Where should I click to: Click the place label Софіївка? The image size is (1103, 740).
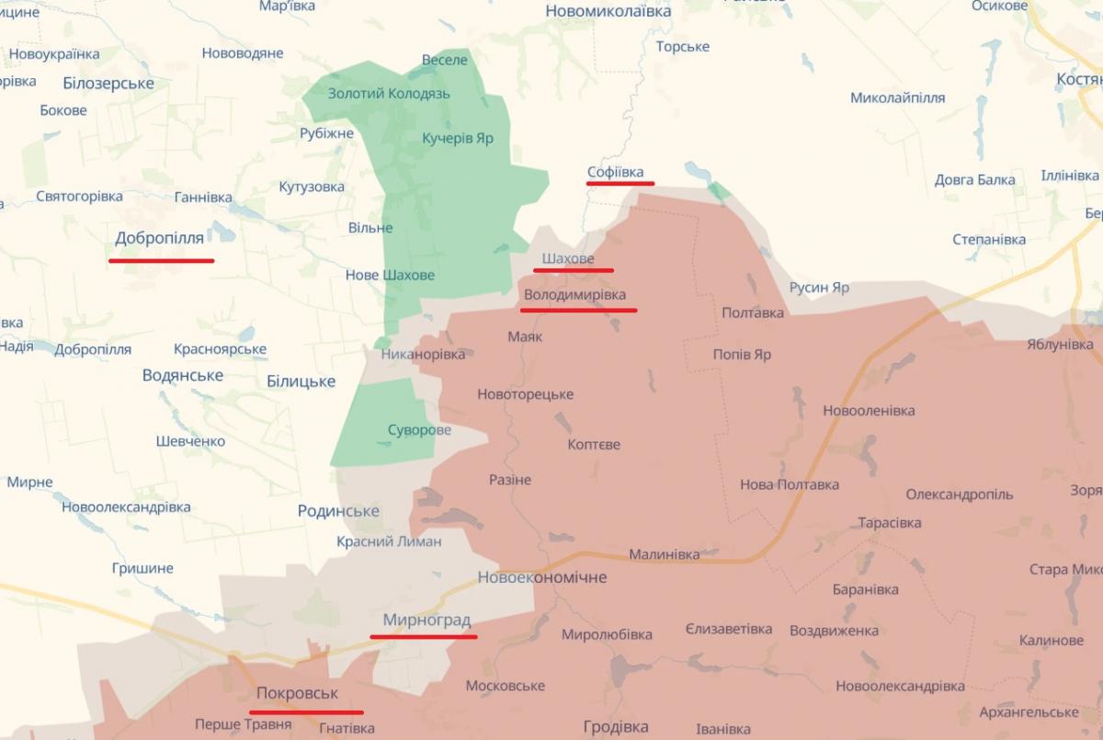(616, 172)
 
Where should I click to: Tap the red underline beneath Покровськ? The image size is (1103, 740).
(306, 712)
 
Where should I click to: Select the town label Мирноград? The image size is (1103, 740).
(426, 620)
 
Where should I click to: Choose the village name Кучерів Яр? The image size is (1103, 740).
(458, 138)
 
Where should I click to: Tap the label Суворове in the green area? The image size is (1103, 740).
(419, 429)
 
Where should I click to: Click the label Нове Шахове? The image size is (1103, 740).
(390, 275)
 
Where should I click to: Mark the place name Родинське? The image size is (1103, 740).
(338, 511)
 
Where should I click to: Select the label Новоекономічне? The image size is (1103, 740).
(542, 577)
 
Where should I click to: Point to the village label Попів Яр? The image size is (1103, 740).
(742, 354)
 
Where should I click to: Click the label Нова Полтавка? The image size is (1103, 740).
(790, 484)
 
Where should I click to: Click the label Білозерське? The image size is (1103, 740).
(108, 83)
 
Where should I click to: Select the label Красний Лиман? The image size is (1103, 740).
(389, 541)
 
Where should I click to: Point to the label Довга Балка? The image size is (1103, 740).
(974, 179)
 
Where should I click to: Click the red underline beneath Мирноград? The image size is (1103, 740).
(423, 635)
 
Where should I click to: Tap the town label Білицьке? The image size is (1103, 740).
(301, 381)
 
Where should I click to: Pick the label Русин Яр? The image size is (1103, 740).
(819, 287)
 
